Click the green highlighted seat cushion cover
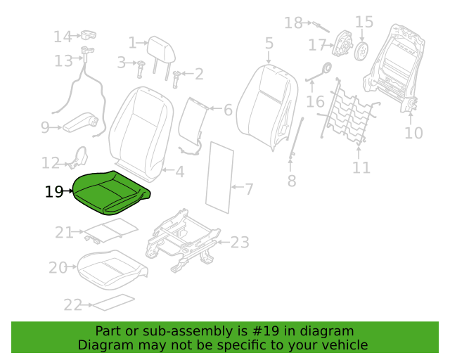pos(110,193)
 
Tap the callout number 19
pos(54,191)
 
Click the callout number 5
pos(269,43)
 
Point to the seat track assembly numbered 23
pos(183,240)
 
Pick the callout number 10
pos(413,133)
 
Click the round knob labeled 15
pos(361,51)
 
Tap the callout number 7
pos(249,189)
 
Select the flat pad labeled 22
pos(114,302)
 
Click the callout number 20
pos(58,268)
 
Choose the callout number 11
pos(361,167)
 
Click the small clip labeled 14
pos(89,35)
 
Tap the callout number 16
pos(316,102)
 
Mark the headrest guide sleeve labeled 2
pos(176,79)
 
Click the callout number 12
pos(51,163)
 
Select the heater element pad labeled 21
pos(110,230)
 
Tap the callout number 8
pos(292,181)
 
